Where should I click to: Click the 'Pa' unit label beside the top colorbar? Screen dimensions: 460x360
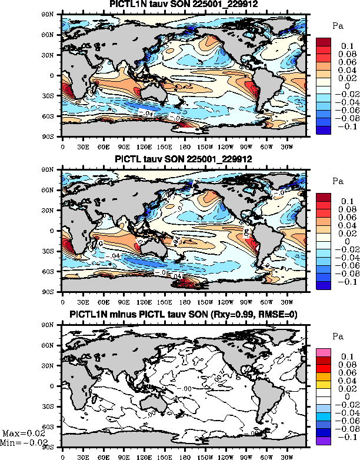point(338,26)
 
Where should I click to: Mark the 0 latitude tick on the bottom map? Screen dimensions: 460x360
point(57,386)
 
